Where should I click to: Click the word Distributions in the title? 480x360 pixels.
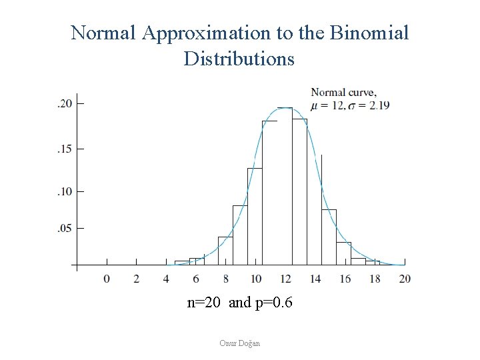point(239,59)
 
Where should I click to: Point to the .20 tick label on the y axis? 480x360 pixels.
point(64,104)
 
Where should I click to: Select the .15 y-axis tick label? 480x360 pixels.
point(64,148)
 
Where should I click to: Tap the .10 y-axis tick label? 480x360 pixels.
point(64,192)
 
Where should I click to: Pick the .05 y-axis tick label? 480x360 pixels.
point(64,228)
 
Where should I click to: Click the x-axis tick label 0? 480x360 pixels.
point(107,278)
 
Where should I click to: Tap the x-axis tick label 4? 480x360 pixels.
point(166,278)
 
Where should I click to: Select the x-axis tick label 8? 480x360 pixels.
point(226,278)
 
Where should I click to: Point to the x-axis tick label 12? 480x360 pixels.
point(285,278)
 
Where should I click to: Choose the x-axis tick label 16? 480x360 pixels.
point(345,278)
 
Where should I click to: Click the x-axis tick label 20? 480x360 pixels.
point(405,278)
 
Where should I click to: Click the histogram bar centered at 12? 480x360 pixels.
point(285,187)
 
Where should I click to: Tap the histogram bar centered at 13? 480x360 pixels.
point(299,193)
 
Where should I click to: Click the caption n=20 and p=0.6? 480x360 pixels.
point(239,303)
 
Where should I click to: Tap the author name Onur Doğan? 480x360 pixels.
point(239,343)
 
